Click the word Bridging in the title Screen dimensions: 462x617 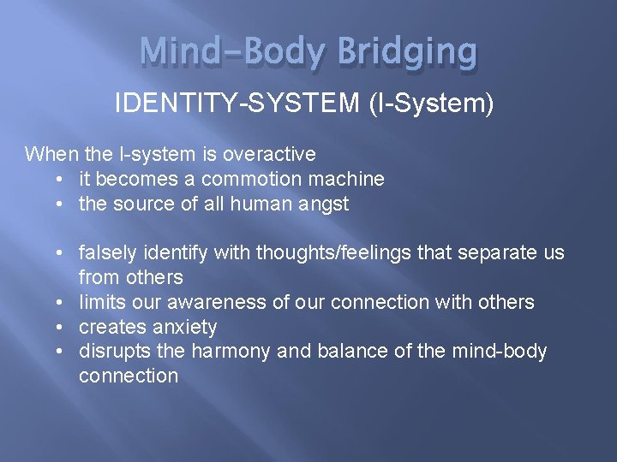click(407, 53)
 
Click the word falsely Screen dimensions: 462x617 click(107, 253)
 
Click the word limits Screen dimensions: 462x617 click(102, 302)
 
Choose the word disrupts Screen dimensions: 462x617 click(111, 352)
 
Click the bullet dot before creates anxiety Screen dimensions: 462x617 click(57, 327)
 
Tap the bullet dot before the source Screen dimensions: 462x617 click(57, 204)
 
